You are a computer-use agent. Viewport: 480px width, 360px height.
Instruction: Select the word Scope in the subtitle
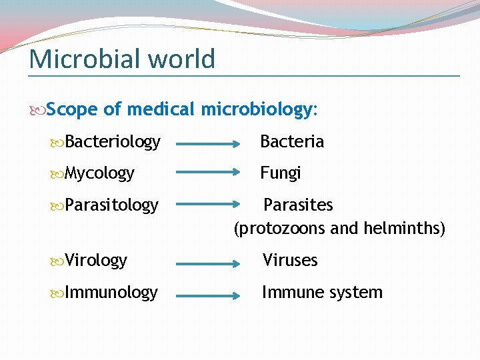click(x=72, y=109)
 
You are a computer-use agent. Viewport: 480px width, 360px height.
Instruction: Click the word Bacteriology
click(x=113, y=142)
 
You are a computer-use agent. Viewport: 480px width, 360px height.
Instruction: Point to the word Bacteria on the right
click(x=292, y=141)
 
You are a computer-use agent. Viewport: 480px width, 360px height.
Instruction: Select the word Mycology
click(x=100, y=173)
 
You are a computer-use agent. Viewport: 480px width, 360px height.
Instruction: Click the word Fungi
click(x=281, y=173)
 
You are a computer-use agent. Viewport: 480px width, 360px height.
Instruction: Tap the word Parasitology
click(x=112, y=205)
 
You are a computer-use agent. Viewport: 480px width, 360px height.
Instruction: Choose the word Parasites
click(x=298, y=205)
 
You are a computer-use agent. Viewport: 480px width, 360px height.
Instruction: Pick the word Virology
click(x=97, y=260)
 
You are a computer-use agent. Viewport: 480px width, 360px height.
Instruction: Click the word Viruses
click(x=290, y=260)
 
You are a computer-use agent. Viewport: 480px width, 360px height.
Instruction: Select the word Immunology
click(x=112, y=293)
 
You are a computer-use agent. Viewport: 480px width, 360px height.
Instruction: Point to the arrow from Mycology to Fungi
click(x=208, y=173)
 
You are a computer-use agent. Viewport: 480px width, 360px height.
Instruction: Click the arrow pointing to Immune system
click(x=208, y=294)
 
